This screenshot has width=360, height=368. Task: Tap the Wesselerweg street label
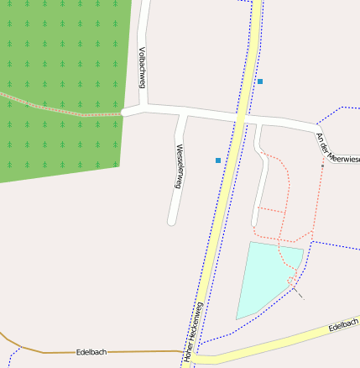pos(179,166)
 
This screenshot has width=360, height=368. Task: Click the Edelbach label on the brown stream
pos(91,352)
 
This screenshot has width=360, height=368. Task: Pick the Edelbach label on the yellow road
pos(343,324)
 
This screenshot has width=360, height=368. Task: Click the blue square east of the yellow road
pos(260,81)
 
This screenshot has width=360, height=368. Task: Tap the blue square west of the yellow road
pos(218,160)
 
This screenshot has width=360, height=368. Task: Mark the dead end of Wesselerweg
pos(172,222)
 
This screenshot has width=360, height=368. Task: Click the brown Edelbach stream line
pos(126,352)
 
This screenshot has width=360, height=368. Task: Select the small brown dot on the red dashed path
pos(322,166)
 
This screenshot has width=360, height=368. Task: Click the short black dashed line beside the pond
pos(298,293)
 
